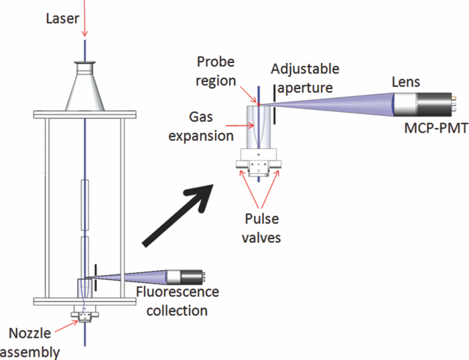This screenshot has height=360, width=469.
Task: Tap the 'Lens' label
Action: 406,81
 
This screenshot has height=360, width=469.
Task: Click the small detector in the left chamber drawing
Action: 188,276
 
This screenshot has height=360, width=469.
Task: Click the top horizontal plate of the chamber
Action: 85,119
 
